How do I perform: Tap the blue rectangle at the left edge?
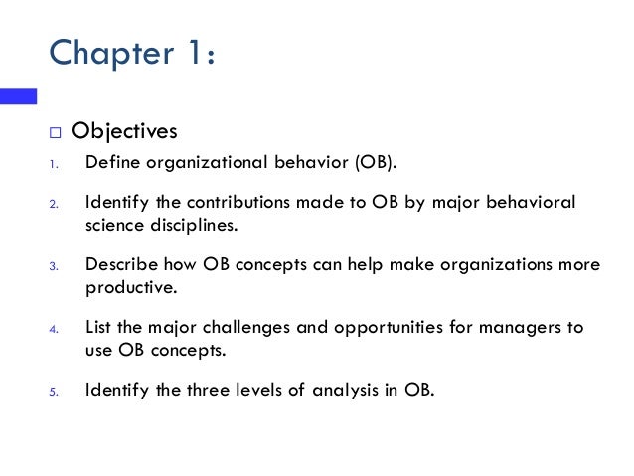click(x=18, y=96)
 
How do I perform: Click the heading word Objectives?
click(x=131, y=132)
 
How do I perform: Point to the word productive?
click(x=129, y=288)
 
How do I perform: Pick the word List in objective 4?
click(x=98, y=327)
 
